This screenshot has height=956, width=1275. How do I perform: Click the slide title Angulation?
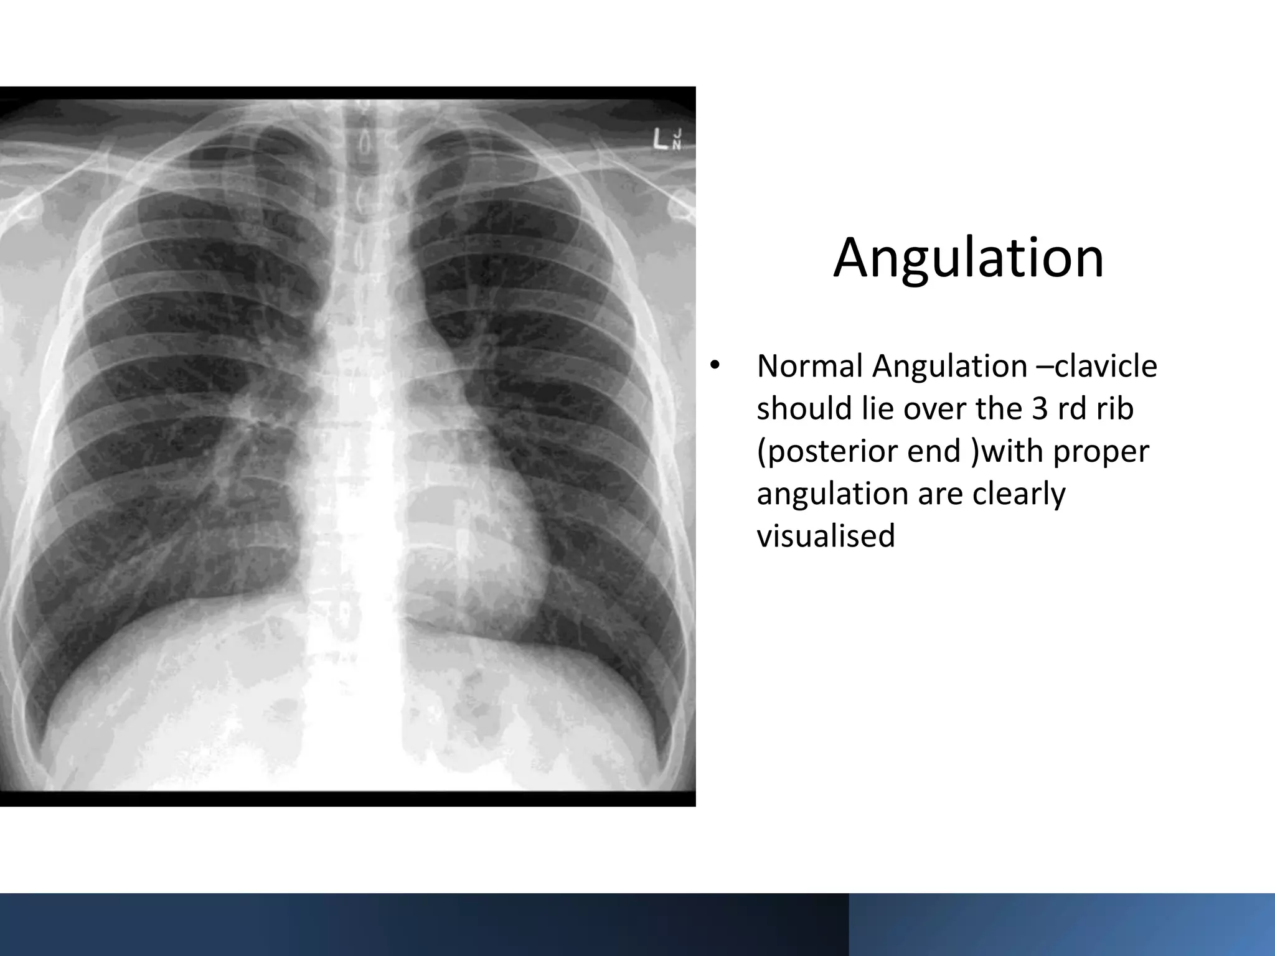[969, 258]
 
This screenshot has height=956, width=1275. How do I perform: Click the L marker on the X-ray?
[661, 139]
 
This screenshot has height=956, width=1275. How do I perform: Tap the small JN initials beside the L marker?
[677, 139]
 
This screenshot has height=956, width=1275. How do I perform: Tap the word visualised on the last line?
[826, 536]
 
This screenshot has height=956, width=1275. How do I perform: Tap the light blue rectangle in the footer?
[1061, 924]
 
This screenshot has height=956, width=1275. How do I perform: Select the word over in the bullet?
[936, 409]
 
